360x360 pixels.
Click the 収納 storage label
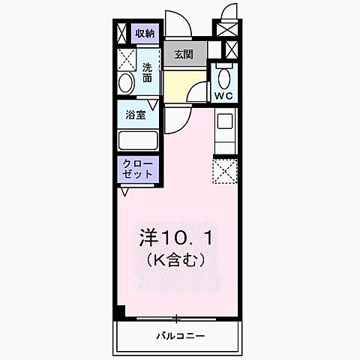(x=144, y=33)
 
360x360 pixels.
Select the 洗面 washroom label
(x=147, y=72)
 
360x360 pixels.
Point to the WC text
(x=223, y=96)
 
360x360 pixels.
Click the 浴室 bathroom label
(x=136, y=115)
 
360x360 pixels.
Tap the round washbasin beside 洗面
(x=126, y=82)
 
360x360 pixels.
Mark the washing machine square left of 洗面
(x=125, y=58)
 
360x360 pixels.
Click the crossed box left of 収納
(x=121, y=33)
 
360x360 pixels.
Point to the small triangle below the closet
(x=125, y=192)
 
